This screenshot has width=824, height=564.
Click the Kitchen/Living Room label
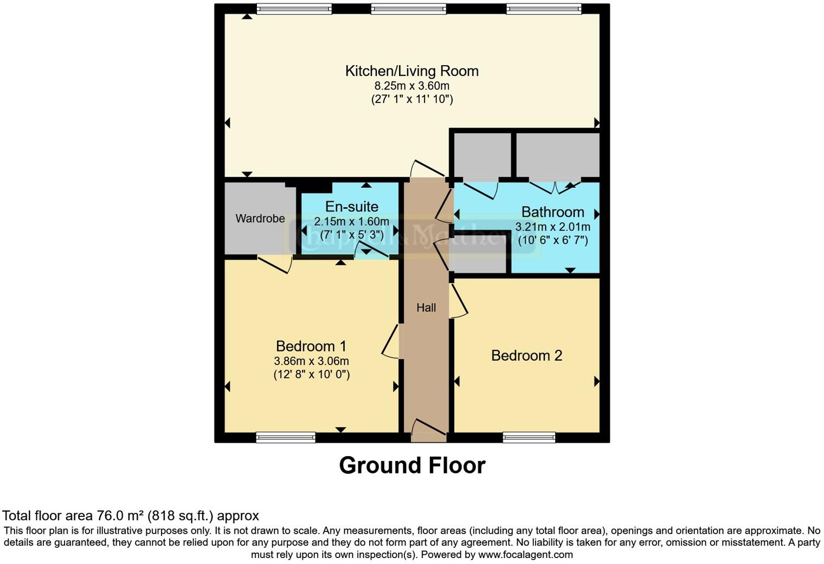pyautogui.click(x=412, y=71)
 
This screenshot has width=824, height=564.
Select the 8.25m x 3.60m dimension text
pyautogui.click(x=412, y=86)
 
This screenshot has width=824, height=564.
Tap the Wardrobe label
pyautogui.click(x=260, y=219)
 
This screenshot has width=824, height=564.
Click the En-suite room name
pyautogui.click(x=351, y=207)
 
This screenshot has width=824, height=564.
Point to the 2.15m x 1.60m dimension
pyautogui.click(x=351, y=221)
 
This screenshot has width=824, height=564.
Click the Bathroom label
pyautogui.click(x=552, y=212)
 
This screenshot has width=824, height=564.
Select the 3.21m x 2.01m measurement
pyautogui.click(x=552, y=227)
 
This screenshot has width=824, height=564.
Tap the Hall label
pyautogui.click(x=426, y=308)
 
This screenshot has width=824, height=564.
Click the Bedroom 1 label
pyautogui.click(x=311, y=346)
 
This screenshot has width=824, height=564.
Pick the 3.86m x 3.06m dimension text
pyautogui.click(x=311, y=361)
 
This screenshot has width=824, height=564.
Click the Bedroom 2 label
pyautogui.click(x=526, y=356)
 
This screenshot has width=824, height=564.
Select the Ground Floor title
pyautogui.click(x=412, y=465)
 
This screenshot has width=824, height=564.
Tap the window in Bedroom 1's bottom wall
pyautogui.click(x=286, y=437)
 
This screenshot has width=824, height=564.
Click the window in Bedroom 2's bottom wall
pyautogui.click(x=529, y=437)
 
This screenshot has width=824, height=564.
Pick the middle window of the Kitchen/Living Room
pyautogui.click(x=409, y=9)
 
